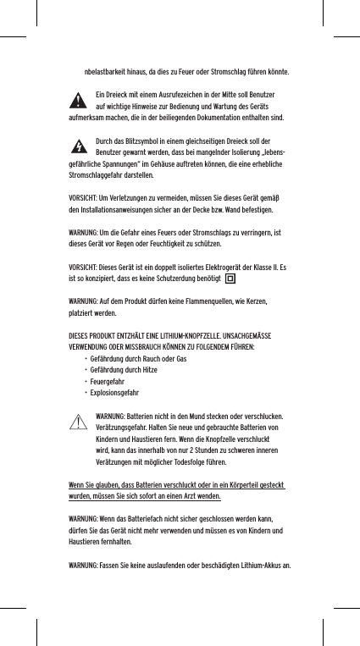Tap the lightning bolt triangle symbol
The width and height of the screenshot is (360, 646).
79,148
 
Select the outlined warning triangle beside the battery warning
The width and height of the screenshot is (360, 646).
80,421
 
